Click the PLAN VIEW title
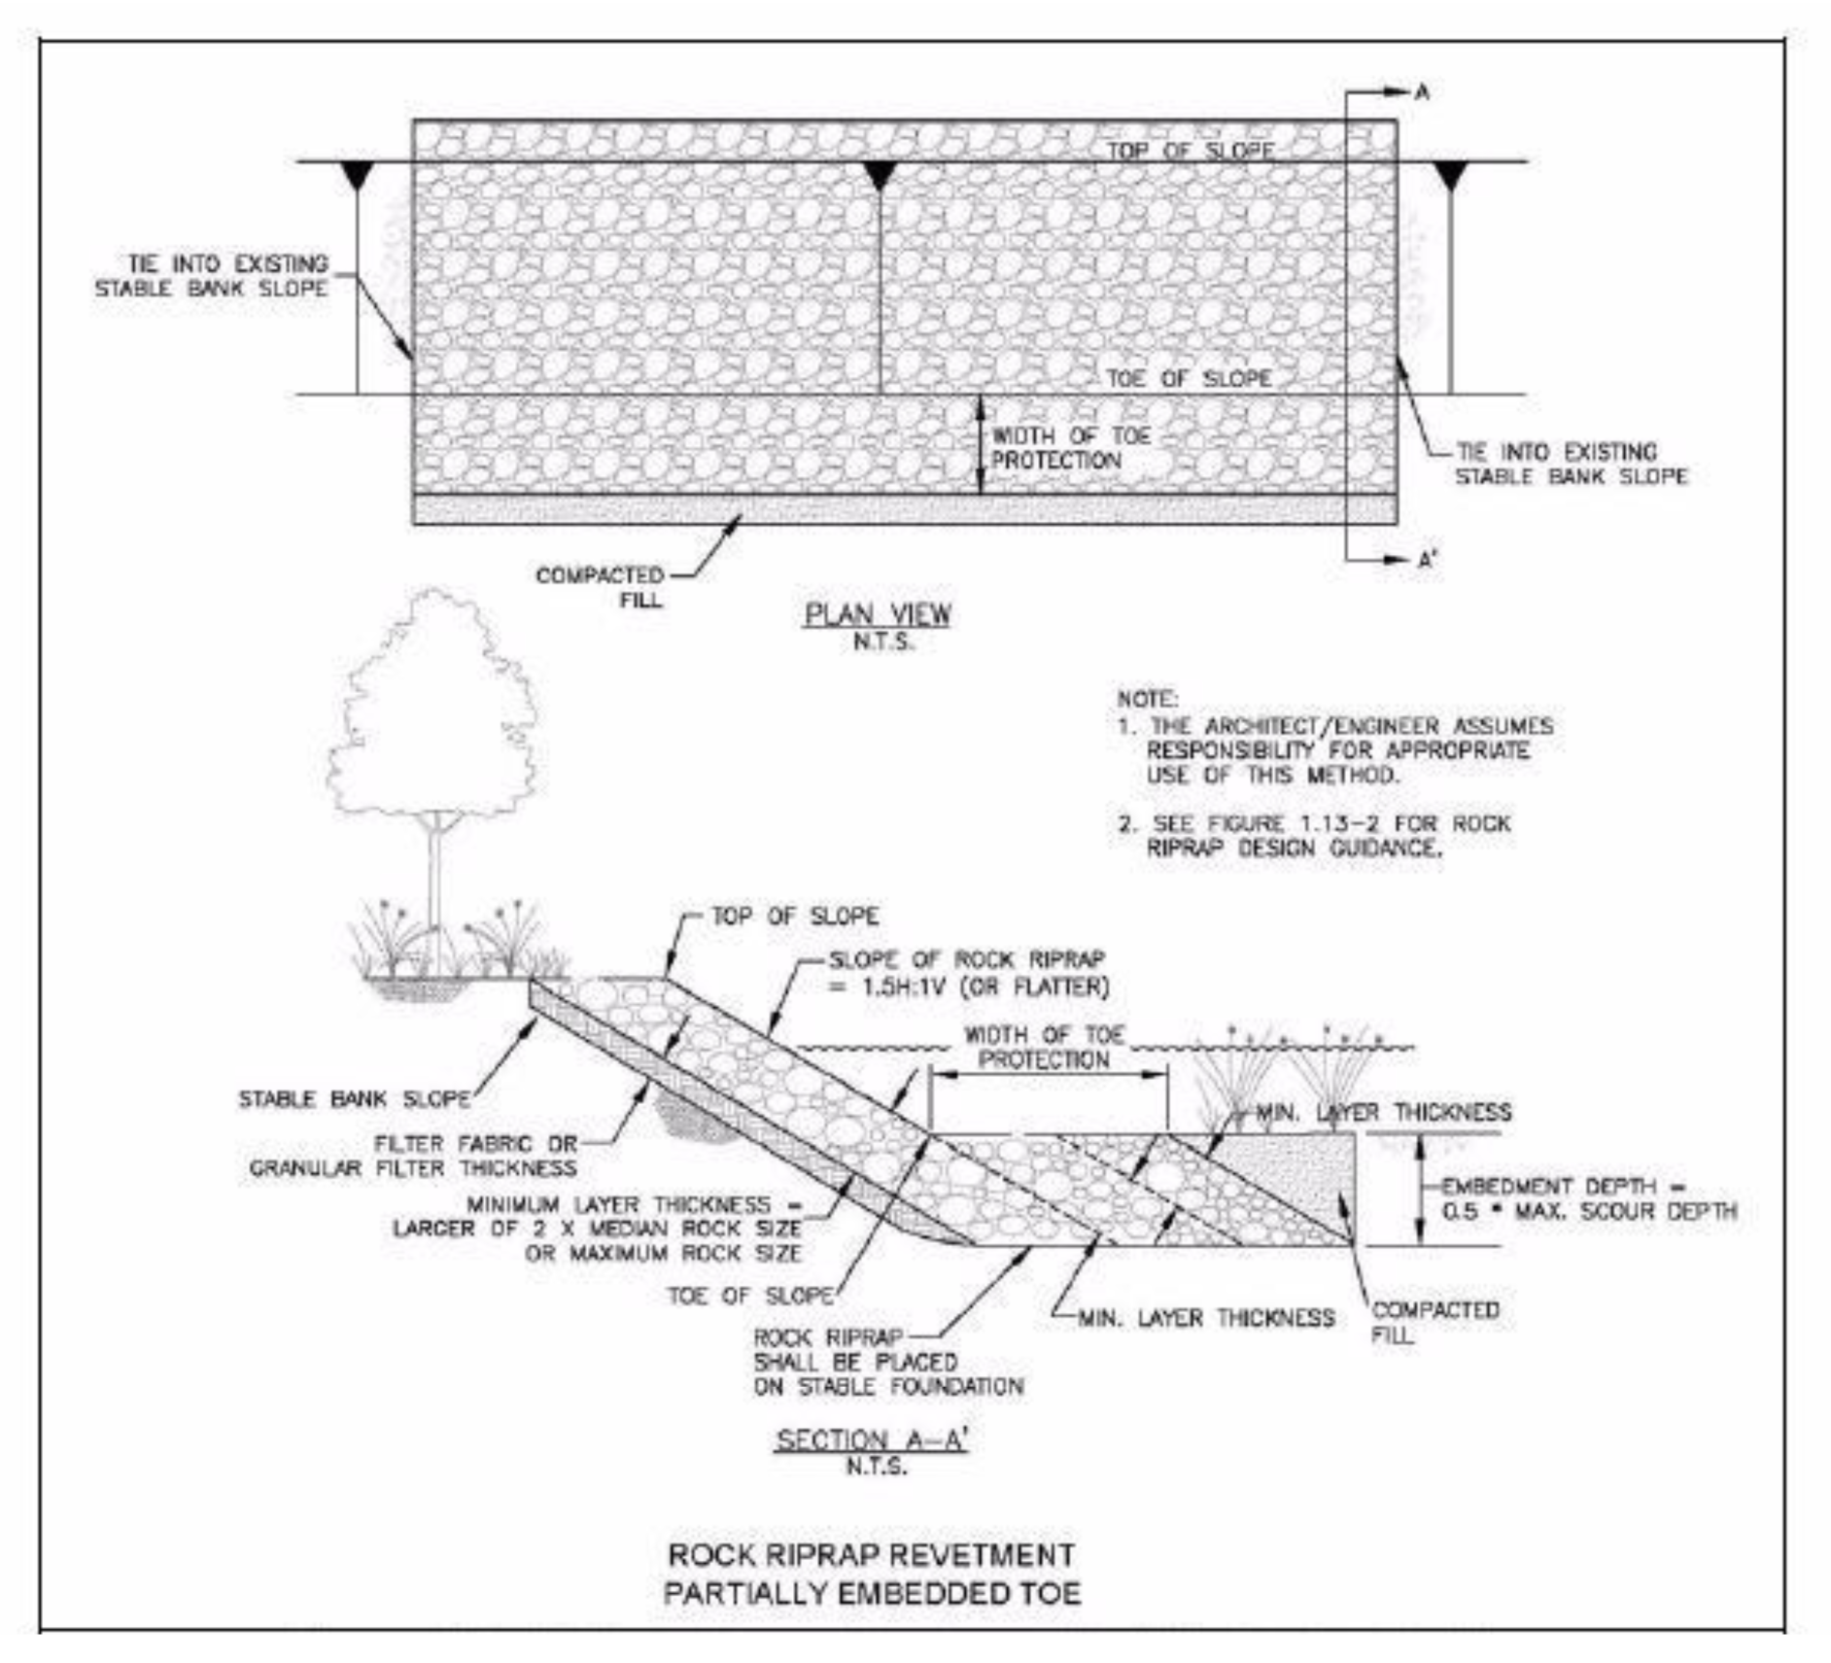coord(877,614)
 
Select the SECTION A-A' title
coord(872,1439)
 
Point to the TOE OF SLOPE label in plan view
coord(1189,378)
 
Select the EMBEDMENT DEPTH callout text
coord(1588,1198)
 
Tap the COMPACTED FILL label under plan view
coord(600,587)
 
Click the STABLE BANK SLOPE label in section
coord(355,1099)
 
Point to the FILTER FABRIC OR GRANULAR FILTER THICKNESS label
coord(414,1156)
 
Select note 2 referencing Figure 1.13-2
coord(1314,835)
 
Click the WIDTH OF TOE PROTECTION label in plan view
coord(1070,448)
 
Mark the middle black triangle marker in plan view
coord(880,176)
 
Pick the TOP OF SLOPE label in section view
coord(795,917)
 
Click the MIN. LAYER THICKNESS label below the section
coord(1206,1318)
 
